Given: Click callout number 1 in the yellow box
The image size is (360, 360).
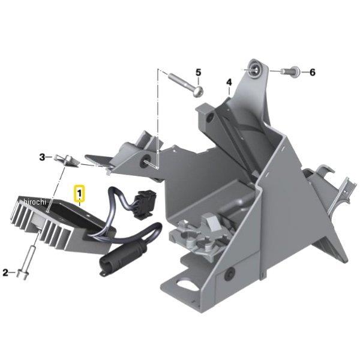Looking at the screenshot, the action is coord(79,193).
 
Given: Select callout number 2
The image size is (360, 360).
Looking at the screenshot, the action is coord(5,272).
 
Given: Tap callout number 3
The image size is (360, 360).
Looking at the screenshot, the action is coord(42,157).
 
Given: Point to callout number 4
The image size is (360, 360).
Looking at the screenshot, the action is coord(229,82).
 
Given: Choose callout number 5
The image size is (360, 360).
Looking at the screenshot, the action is coord(198,73).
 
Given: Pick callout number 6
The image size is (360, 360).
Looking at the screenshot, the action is coord(313,73).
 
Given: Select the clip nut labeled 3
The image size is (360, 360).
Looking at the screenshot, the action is coord(67,160).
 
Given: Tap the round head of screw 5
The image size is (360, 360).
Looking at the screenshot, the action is coord(199,92).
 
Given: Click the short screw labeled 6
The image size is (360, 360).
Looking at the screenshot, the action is coord(290,71).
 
